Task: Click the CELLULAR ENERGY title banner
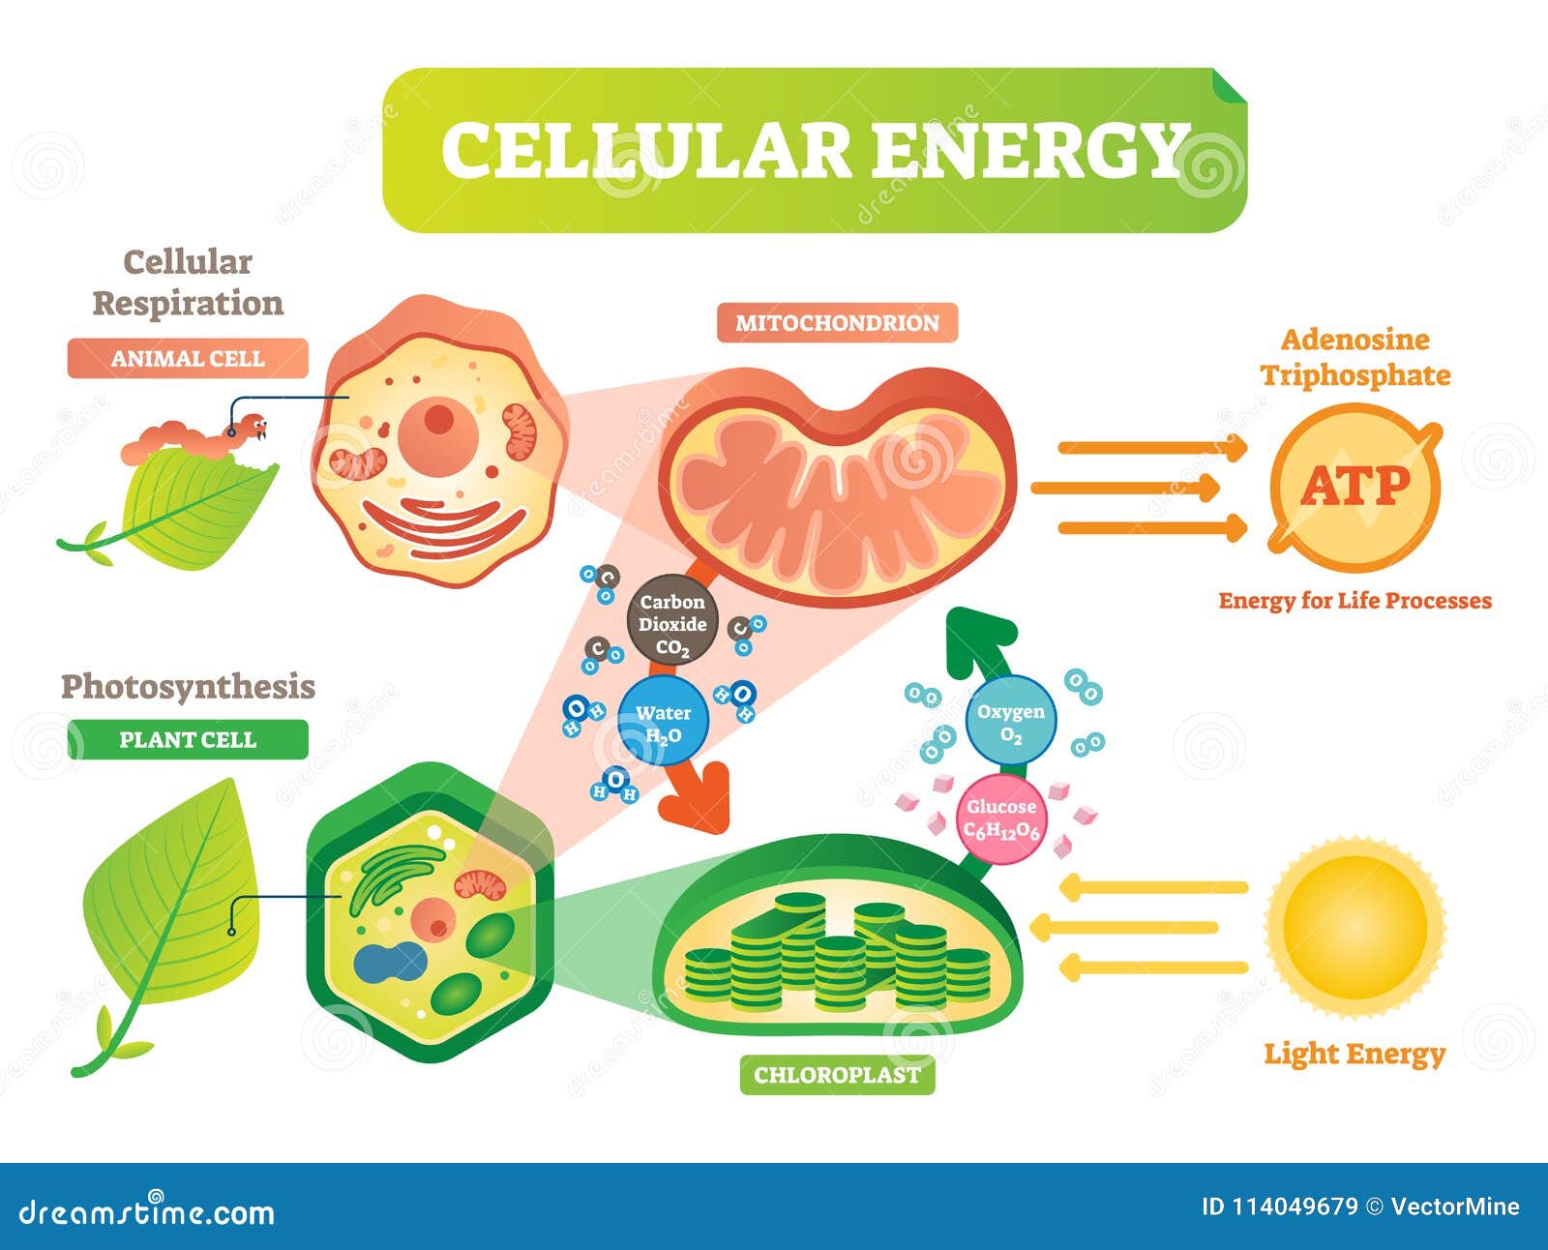pos(814,150)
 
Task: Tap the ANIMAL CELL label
pos(188,358)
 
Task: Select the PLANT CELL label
pos(188,740)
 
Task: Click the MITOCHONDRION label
pos(837,323)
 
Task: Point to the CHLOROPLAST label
pos(837,1075)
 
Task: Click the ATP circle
pos(1355,487)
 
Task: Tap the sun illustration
pos(1355,928)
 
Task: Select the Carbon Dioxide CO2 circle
pos(672,620)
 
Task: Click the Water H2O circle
pos(663,721)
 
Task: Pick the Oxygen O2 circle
pos(1011,720)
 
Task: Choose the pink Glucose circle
pos(1001,819)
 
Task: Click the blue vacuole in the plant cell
pos(390,963)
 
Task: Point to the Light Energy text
pos(1354,1055)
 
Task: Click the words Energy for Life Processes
pos(1354,601)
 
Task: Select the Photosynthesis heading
pos(188,687)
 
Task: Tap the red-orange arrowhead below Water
pos(697,797)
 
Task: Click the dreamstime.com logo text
pos(146,1212)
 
